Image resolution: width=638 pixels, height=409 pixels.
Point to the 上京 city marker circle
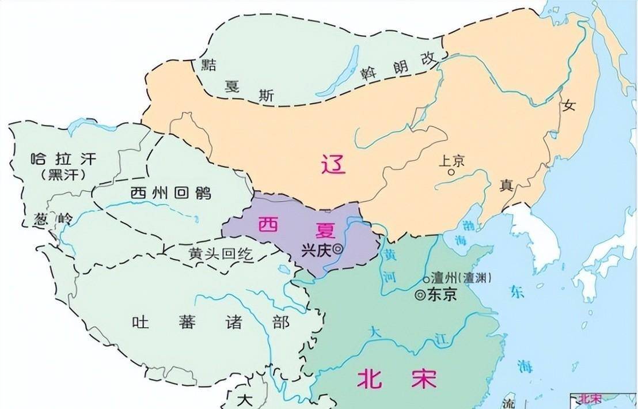[x=452, y=172]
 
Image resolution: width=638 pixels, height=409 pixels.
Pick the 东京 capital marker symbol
[x=420, y=295]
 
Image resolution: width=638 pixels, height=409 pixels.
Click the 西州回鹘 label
[x=170, y=192]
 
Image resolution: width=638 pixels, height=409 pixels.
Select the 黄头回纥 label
[x=220, y=253]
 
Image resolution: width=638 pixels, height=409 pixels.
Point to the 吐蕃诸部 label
[x=210, y=321]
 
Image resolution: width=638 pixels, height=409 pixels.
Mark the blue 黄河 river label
[x=390, y=268]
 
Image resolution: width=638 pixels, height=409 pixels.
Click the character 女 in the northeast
[x=570, y=105]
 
